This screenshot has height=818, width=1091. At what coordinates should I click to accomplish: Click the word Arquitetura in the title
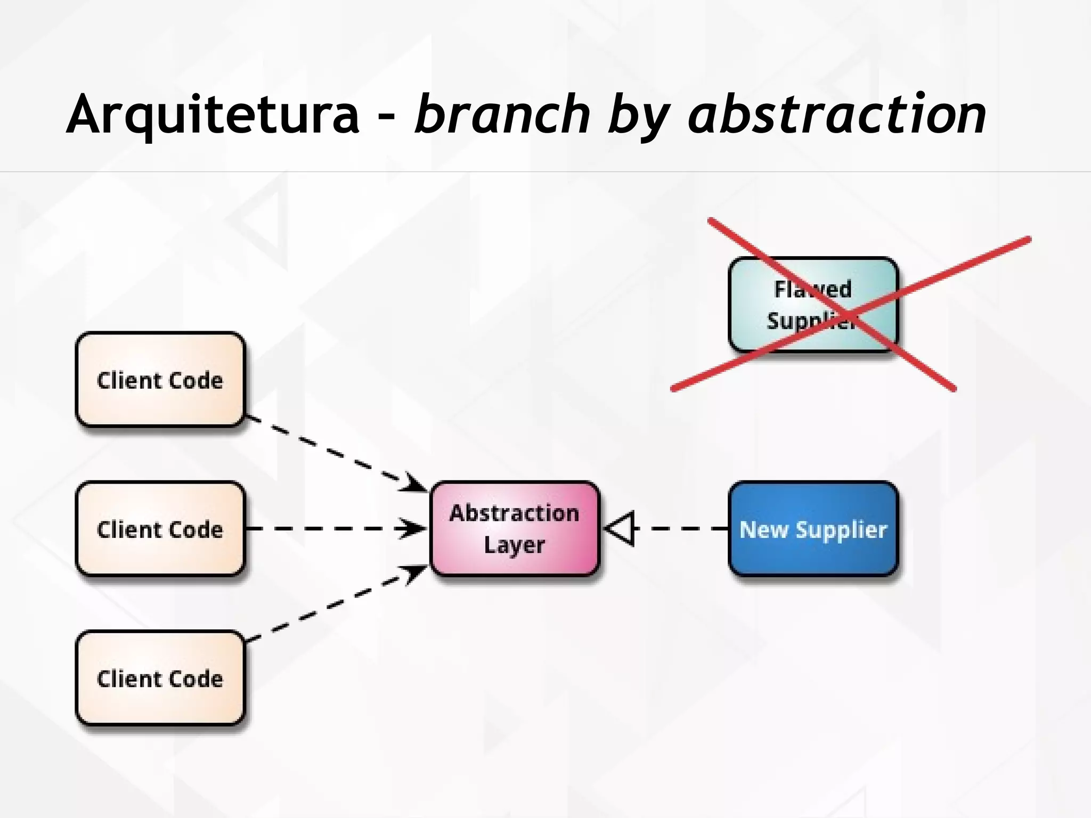pos(213,114)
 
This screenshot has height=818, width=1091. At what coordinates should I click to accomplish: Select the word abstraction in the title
pos(836,114)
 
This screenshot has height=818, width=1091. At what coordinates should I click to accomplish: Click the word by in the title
pos(639,117)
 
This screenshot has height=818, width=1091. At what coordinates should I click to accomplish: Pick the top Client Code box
pos(160,379)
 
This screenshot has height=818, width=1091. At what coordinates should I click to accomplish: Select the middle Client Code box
pos(160,528)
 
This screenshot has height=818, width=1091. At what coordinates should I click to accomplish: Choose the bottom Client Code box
pos(160,677)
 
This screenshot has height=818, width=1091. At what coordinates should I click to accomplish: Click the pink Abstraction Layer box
pos(514,528)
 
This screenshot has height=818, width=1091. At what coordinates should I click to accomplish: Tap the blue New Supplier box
pos(813,528)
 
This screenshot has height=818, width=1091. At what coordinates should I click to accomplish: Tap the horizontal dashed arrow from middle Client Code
pos(330,529)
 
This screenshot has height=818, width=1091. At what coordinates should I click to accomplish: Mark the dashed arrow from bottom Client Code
pos(330,604)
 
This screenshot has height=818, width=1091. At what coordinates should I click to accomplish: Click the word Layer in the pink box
pos(514,545)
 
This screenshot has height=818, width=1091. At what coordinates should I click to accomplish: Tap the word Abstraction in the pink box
pos(514,513)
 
